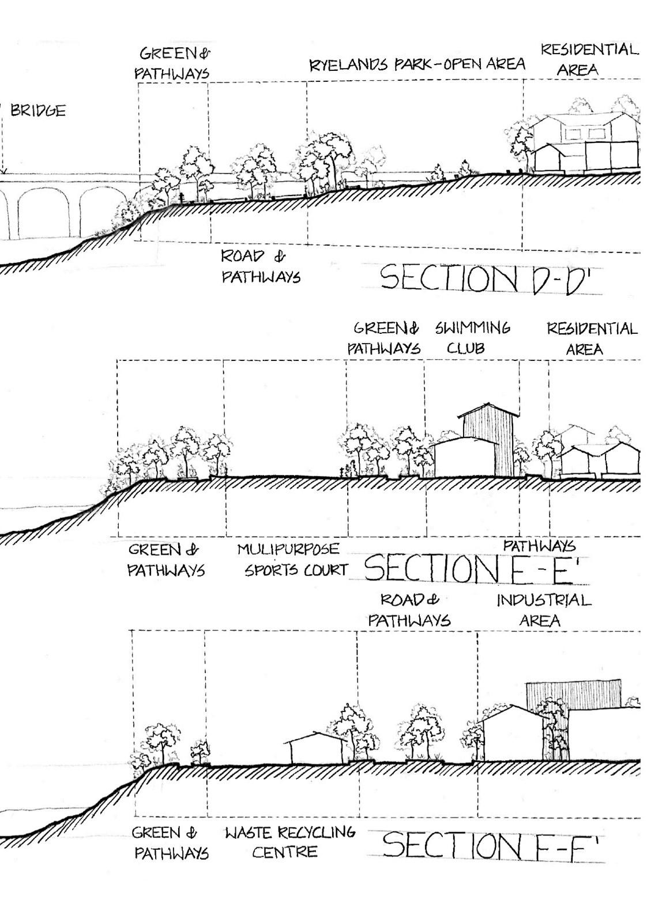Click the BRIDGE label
38,111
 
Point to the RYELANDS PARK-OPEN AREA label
417,64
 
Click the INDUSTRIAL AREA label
543,610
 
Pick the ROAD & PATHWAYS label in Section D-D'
261,266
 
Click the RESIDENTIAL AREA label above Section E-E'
592,339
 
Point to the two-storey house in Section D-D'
585,144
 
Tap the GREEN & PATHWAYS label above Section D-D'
172,63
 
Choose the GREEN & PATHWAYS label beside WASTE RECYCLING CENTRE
170,842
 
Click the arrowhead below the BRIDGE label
3,171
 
